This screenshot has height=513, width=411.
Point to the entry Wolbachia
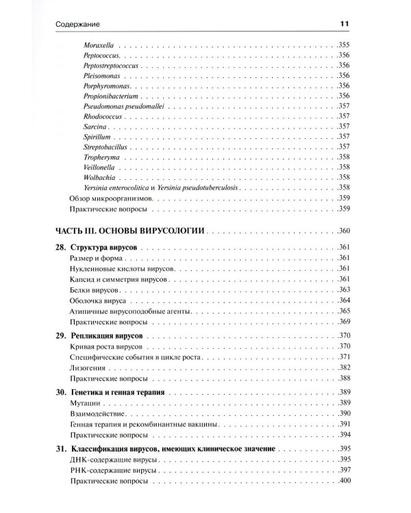tap(99, 176)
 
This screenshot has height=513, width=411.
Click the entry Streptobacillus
tap(106, 146)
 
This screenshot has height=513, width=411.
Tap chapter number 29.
tap(58, 337)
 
